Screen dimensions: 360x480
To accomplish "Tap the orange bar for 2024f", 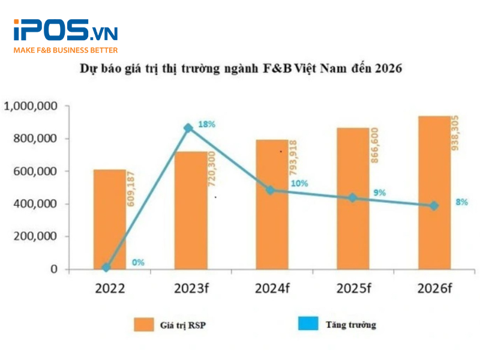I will click(272, 205).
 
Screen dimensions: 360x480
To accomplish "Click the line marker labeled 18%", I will click(188, 128).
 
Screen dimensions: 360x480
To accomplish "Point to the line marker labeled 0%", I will click(106, 268).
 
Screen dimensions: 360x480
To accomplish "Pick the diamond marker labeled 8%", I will click(433, 206).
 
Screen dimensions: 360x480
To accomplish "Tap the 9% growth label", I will click(379, 193).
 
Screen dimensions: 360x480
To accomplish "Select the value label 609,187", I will click(130, 190).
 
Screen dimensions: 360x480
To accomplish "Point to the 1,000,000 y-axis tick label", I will click(31, 106).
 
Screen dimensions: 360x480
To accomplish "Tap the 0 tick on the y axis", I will click(53, 269).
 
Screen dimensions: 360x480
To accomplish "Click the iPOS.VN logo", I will click(65, 31).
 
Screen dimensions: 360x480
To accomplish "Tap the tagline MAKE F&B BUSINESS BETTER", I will click(65, 50).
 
